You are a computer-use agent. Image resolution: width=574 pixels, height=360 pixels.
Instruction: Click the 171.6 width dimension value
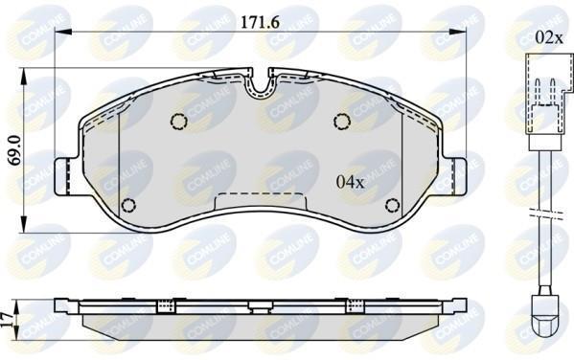pyautogui.click(x=260, y=23)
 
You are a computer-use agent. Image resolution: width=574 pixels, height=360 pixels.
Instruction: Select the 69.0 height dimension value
pyautogui.click(x=15, y=150)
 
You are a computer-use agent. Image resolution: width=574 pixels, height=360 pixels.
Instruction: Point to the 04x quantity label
pyautogui.click(x=351, y=182)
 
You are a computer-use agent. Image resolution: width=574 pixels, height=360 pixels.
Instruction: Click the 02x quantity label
pyautogui.click(x=549, y=37)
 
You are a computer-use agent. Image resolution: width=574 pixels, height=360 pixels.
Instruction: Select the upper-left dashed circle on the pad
pyautogui.click(x=179, y=122)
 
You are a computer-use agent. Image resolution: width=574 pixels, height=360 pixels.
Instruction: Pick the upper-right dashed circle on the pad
pyautogui.click(x=342, y=122)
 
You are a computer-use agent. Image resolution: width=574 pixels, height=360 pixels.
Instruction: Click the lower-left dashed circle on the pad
pyautogui.click(x=128, y=205)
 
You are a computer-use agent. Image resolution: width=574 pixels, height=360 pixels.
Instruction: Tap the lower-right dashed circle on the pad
pyautogui.click(x=393, y=205)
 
